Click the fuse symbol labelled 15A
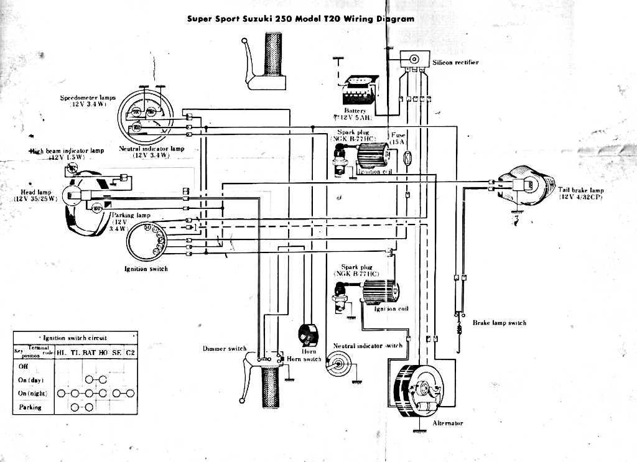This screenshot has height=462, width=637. tap(407, 159)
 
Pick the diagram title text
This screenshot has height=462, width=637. tap(300, 19)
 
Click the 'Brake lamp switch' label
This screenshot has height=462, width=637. tap(499, 323)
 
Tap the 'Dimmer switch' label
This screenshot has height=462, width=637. tap(225, 349)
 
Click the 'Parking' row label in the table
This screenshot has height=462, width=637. tap(30, 407)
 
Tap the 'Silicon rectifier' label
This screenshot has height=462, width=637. tap(456, 63)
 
